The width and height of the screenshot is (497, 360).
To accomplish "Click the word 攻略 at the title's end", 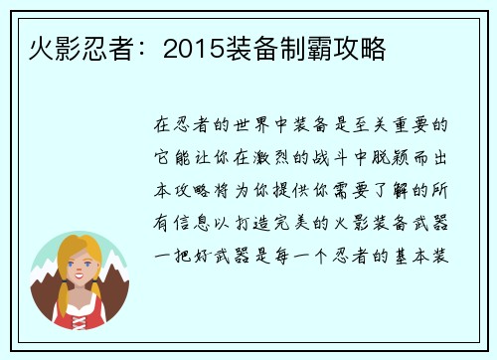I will click(365, 47).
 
